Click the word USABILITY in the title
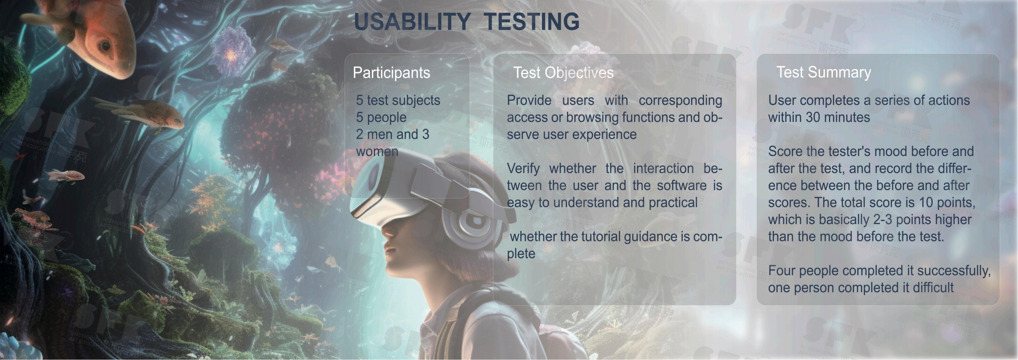pos(412,21)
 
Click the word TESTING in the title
pos(532,21)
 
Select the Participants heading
pos(391,73)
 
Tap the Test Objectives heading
pos(563,73)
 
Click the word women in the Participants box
pos(377,151)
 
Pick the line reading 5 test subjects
pos(398,100)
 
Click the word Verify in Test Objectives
pos(523,169)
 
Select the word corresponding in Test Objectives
pos(680,100)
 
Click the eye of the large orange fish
pos(105,46)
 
